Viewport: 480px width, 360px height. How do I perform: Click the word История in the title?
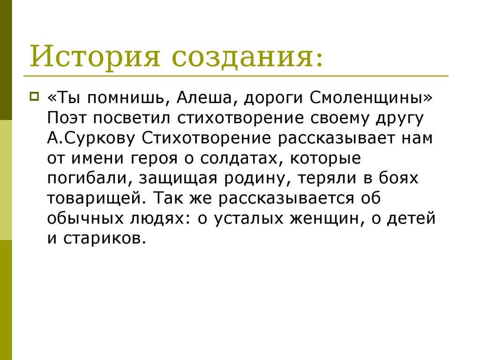(x=95, y=56)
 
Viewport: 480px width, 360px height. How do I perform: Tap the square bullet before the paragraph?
(x=34, y=97)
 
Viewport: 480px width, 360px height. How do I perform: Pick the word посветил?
(x=132, y=118)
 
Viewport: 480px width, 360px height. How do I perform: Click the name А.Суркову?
(x=91, y=138)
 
